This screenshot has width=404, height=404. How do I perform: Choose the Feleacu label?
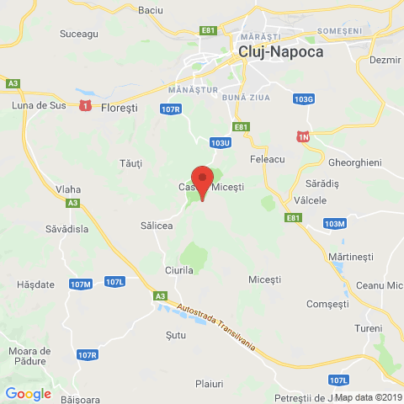pos(269,158)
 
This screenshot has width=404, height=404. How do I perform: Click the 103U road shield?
pos(221,143)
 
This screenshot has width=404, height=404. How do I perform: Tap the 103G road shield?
pos(305,98)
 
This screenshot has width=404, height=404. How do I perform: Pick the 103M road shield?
pos(334,223)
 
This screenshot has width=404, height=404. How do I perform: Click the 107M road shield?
pos(81,284)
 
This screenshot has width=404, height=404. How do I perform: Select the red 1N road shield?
pos(303,136)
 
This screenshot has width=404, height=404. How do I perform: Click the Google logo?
pos(28,393)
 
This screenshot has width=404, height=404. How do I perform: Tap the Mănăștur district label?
pos(193,89)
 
